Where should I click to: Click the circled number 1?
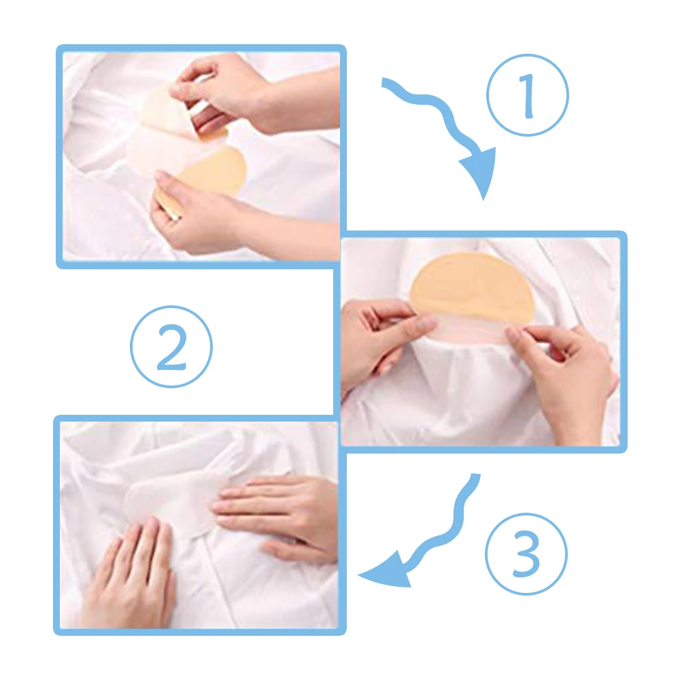click(x=528, y=95)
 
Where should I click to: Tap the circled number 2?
click(x=171, y=347)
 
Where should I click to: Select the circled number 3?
click(x=526, y=554)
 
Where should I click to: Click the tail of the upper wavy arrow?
click(x=384, y=82)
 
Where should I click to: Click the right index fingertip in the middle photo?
click(x=512, y=334)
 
